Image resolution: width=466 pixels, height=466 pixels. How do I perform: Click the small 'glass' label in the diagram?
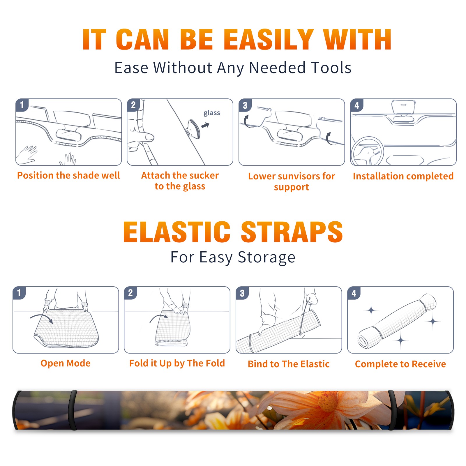tap(212, 113)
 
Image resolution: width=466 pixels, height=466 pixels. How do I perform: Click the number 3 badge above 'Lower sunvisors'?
tap(245, 105)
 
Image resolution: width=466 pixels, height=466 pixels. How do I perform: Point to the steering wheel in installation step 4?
tap(367, 151)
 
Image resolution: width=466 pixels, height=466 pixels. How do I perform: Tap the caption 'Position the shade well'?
tap(68, 175)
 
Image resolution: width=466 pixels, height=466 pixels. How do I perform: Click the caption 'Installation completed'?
tap(403, 176)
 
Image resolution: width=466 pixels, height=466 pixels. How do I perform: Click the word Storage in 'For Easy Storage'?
tap(266, 257)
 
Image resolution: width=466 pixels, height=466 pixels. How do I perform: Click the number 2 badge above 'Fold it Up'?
tap(130, 293)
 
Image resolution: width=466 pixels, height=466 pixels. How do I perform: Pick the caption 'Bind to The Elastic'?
tap(289, 364)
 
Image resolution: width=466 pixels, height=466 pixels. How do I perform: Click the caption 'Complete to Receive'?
tap(400, 364)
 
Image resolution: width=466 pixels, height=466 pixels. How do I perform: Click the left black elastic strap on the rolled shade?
tap(73, 410)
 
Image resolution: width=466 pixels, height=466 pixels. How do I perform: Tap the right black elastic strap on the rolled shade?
tap(392, 410)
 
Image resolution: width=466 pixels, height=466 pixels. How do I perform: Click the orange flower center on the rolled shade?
tap(328, 403)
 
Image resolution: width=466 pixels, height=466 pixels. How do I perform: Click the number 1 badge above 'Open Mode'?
tap(19, 293)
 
